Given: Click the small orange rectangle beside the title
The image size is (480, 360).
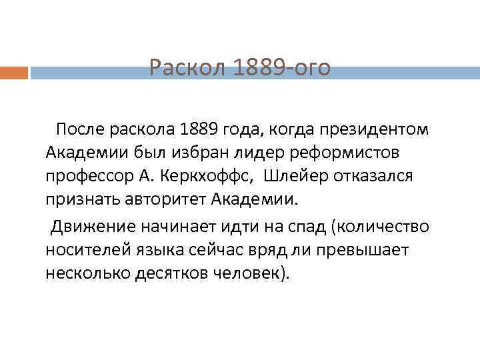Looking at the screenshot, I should click(13, 72).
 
